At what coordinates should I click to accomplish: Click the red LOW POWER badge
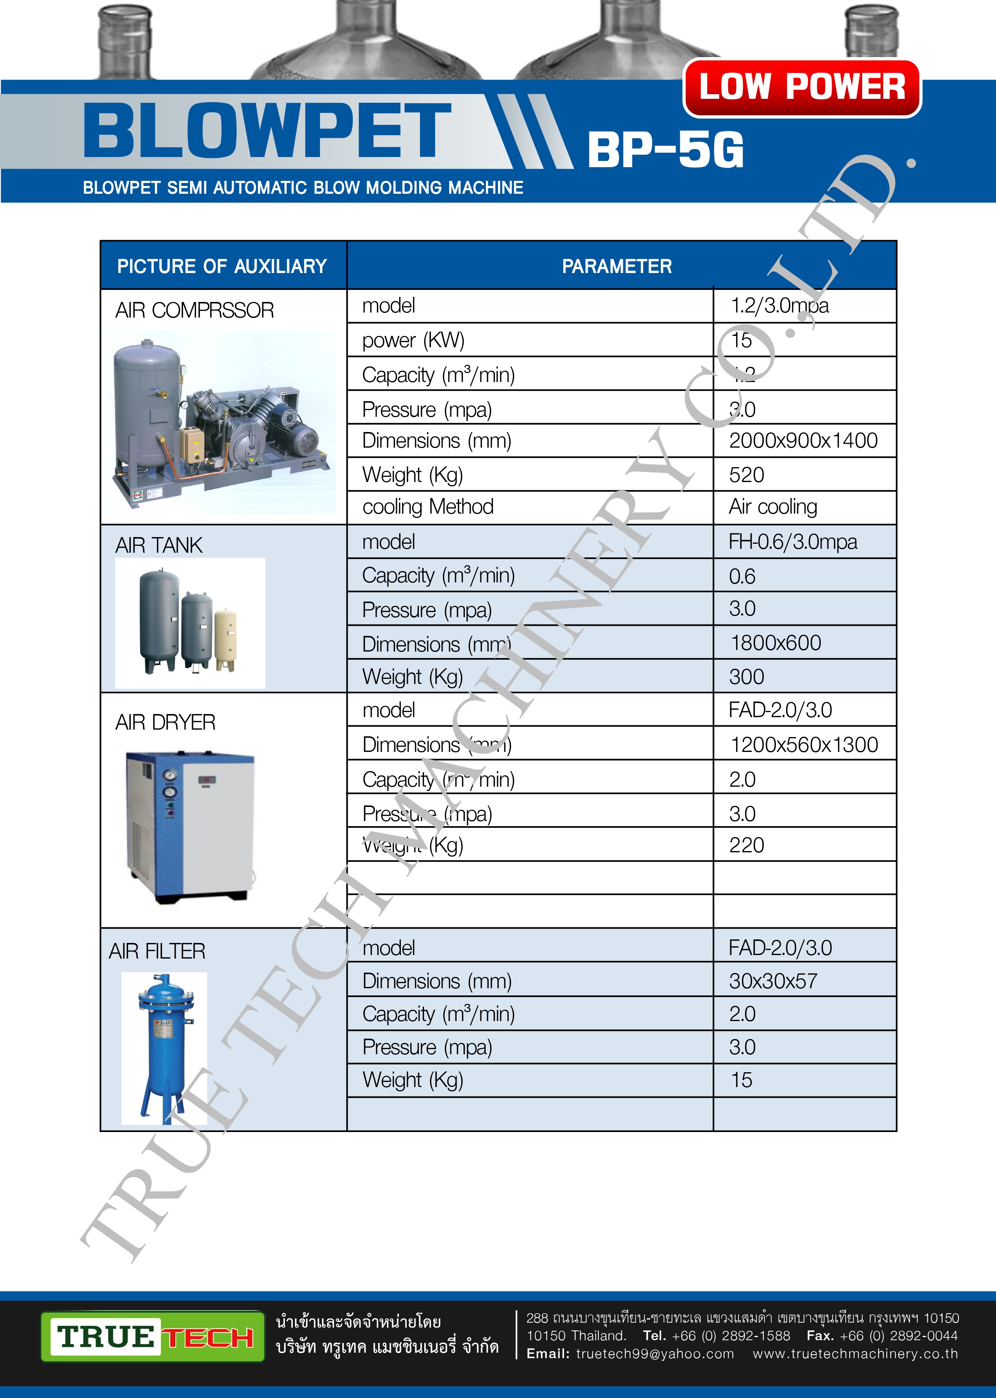coord(802,87)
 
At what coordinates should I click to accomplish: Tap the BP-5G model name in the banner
coord(665,150)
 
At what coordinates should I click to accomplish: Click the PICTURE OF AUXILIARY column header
coord(222,266)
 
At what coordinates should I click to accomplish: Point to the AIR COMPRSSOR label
coord(194,311)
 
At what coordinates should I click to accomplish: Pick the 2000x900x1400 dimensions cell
coord(803,441)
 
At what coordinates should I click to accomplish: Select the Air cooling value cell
coord(773,507)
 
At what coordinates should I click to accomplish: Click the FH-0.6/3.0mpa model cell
coord(792,542)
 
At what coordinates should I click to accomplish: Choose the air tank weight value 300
coord(746,677)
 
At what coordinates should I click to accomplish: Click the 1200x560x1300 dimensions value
coord(804,745)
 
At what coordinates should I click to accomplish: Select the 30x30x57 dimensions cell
coord(773,981)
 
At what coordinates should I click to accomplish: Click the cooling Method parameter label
coord(427,507)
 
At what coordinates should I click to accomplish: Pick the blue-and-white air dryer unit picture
coord(190,826)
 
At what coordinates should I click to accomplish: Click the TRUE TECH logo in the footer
coord(153,1337)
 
